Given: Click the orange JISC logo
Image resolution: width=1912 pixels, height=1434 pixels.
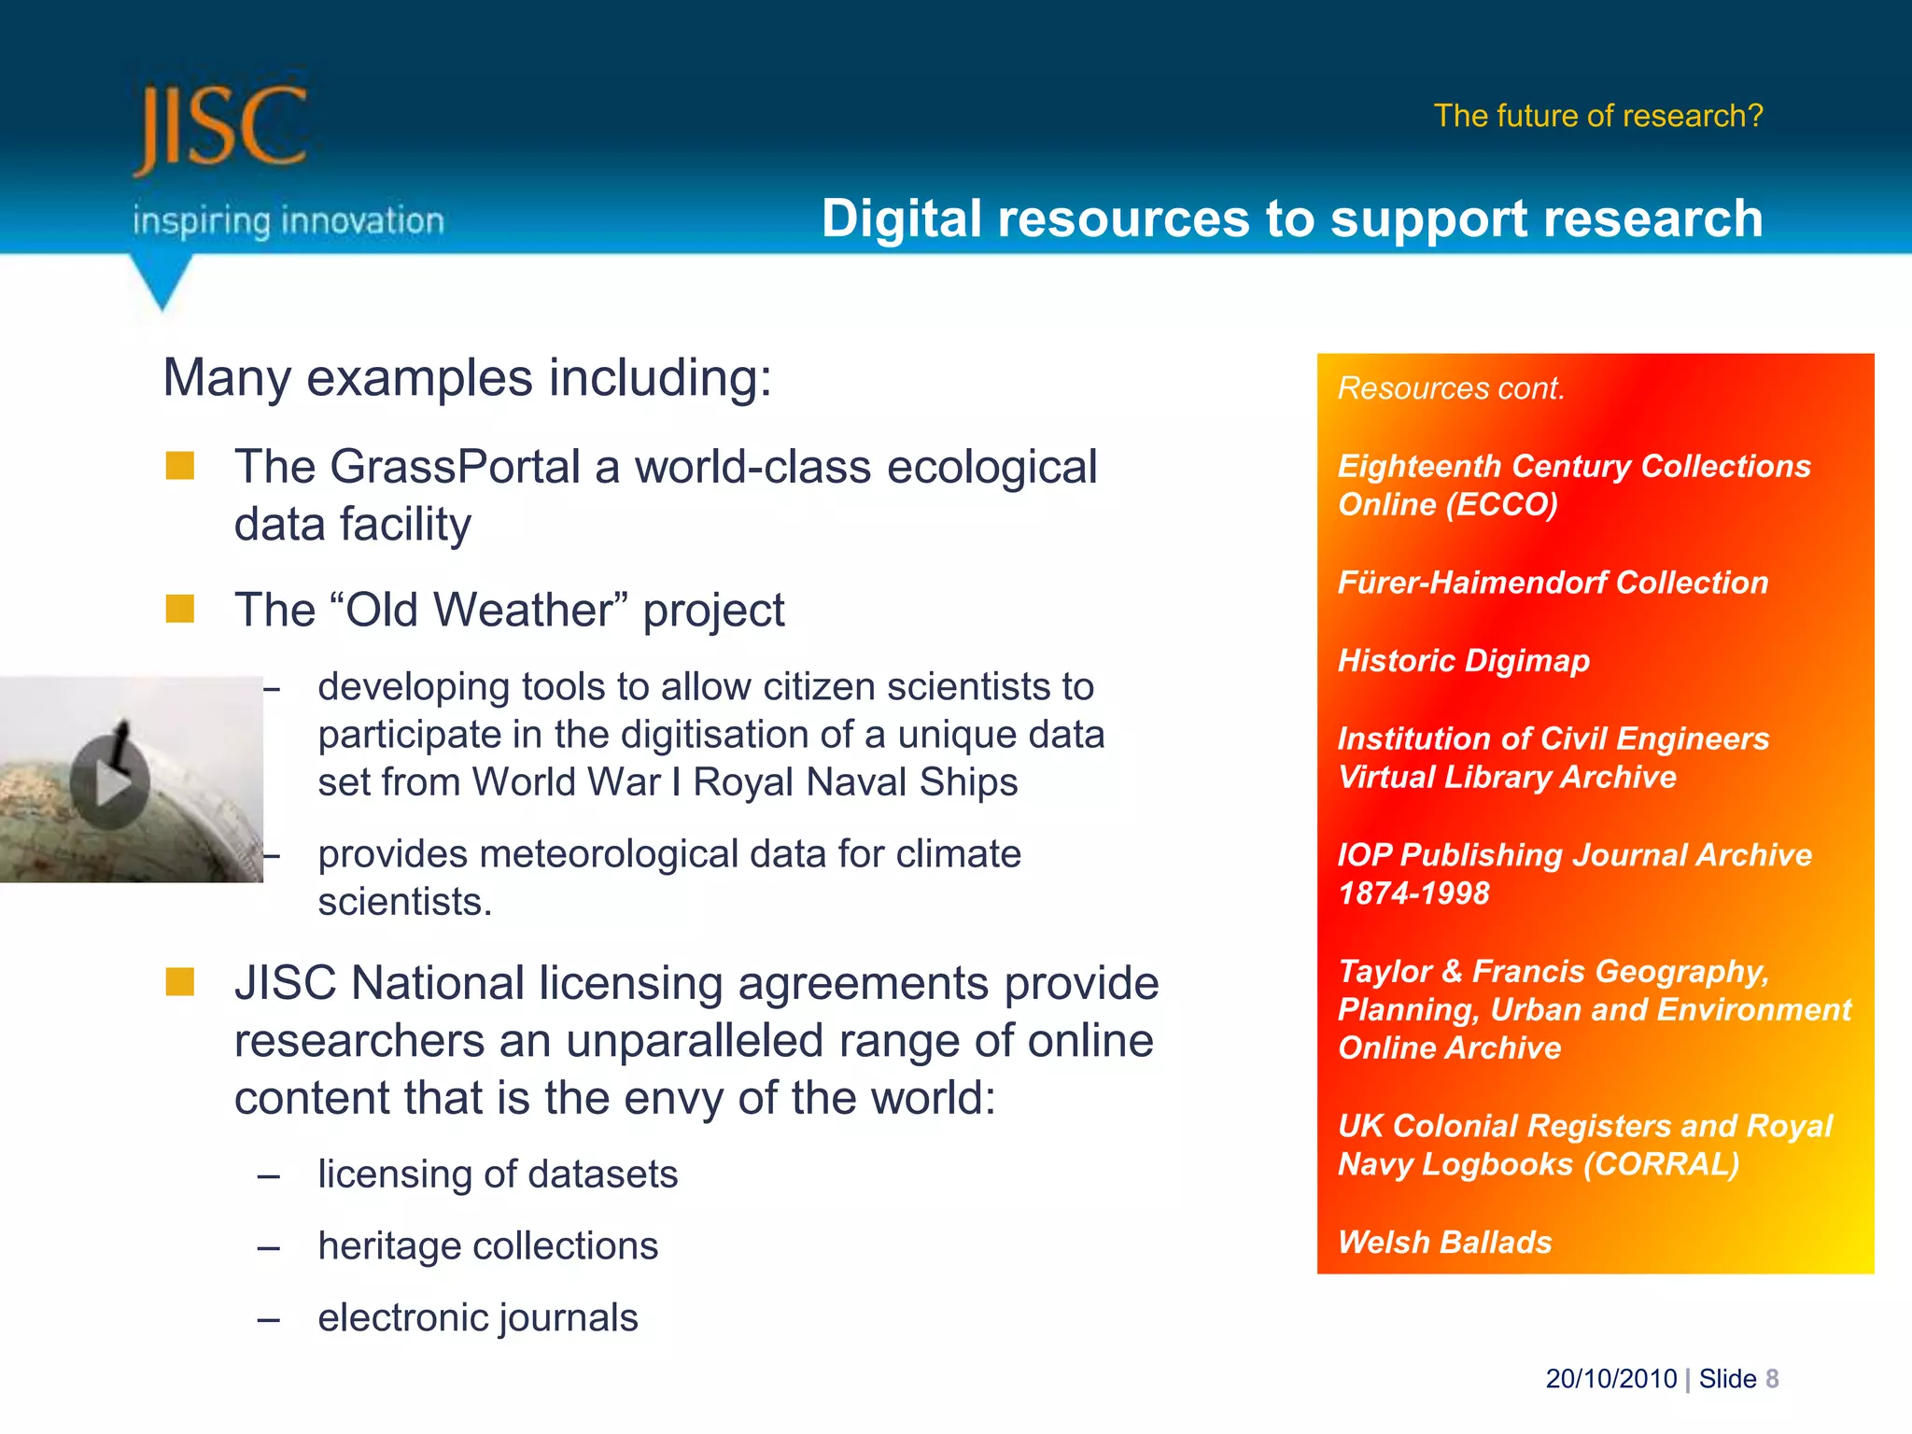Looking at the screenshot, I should pyautogui.click(x=220, y=127).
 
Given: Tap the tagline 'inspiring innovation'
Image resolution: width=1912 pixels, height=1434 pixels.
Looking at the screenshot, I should pyautogui.click(x=288, y=221).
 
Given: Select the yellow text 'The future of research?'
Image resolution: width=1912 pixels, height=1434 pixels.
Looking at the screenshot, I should pyautogui.click(x=1598, y=116).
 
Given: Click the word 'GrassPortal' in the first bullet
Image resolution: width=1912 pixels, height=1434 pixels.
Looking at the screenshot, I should pyautogui.click(x=456, y=467).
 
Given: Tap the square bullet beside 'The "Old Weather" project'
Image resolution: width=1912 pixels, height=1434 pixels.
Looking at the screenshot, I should pyautogui.click(x=180, y=610).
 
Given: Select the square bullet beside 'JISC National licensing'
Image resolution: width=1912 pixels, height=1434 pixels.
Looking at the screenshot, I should pyautogui.click(x=180, y=982).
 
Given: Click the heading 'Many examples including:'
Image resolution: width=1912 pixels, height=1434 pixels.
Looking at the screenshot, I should pyautogui.click(x=468, y=378).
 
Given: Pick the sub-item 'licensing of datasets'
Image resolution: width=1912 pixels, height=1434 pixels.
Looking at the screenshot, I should pyautogui.click(x=498, y=1174).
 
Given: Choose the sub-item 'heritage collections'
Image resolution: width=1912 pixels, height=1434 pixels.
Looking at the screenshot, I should pyautogui.click(x=487, y=1246).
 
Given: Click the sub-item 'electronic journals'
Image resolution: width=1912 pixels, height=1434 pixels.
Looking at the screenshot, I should pyautogui.click(x=477, y=1318).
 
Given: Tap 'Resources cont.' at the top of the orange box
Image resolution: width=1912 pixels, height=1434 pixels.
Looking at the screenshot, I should pyautogui.click(x=1451, y=388).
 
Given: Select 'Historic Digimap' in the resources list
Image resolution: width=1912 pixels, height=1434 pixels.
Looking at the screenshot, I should pyautogui.click(x=1463, y=661).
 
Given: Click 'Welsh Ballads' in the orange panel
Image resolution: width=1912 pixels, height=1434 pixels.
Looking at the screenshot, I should pyautogui.click(x=1444, y=1243).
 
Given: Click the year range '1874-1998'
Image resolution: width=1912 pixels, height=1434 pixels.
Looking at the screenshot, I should pyautogui.click(x=1413, y=893).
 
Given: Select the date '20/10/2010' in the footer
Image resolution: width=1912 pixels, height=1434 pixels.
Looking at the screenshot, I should pyautogui.click(x=1611, y=1379).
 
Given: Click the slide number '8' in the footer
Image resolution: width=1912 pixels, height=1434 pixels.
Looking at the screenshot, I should pyautogui.click(x=1772, y=1379).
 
